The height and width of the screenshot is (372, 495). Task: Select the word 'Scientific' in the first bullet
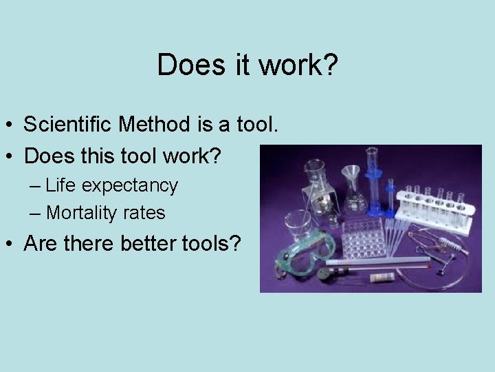point(68,125)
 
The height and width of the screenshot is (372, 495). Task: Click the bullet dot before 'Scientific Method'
point(12,125)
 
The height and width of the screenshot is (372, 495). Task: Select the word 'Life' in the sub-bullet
point(60,185)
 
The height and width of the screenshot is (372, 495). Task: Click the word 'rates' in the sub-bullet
point(144,213)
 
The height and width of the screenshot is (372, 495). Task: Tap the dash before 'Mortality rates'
point(36,214)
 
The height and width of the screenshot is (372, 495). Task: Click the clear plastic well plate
point(363,238)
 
